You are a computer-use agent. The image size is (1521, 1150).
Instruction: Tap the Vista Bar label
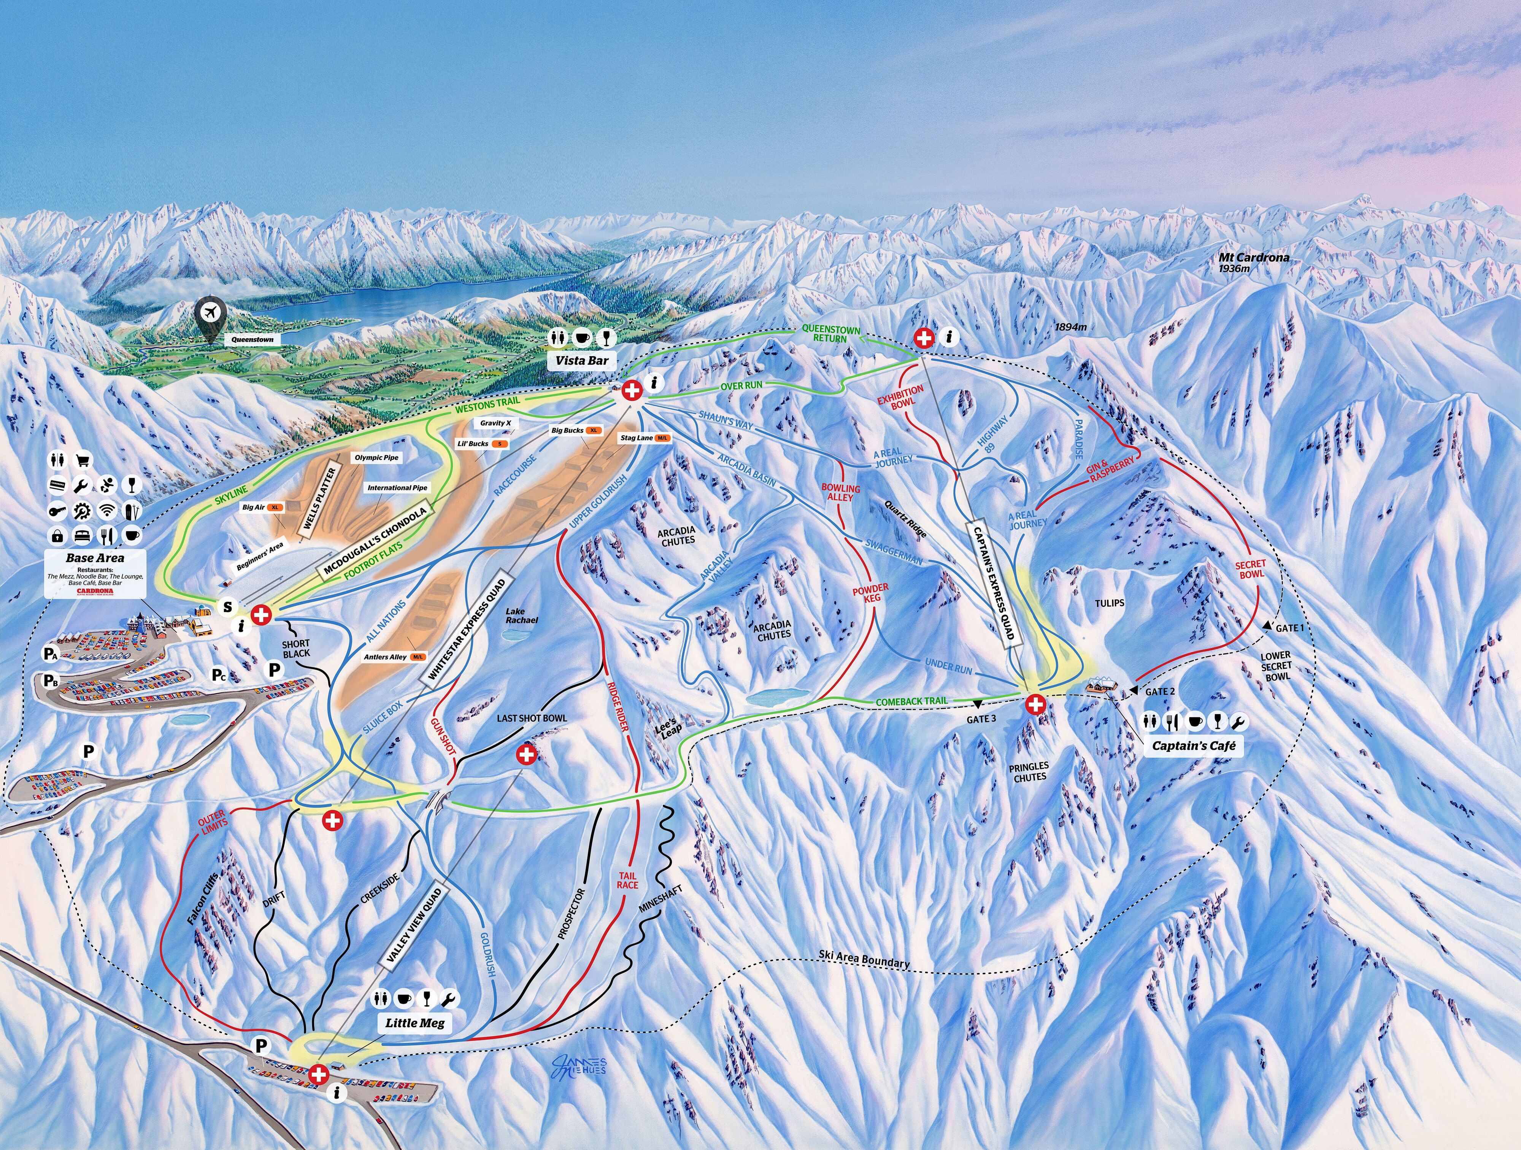pos(582,360)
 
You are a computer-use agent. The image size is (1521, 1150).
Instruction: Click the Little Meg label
pos(414,1023)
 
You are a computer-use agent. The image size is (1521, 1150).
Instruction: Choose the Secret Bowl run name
pos(1251,569)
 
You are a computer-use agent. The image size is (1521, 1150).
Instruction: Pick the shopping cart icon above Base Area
pos(83,461)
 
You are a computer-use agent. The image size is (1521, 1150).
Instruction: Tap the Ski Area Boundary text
pos(864,959)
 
